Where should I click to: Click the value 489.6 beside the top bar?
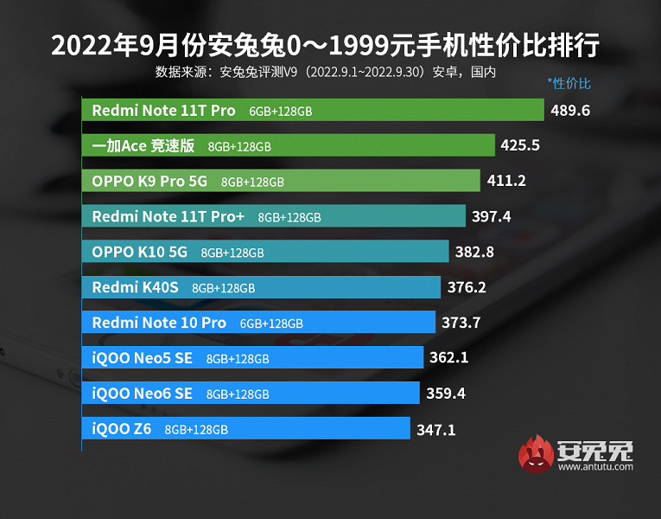[570, 111]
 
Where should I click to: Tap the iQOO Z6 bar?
[246, 428]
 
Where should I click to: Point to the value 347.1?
[435, 428]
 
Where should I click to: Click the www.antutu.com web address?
[595, 467]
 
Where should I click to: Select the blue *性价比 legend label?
[569, 84]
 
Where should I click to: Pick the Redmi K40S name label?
[135, 287]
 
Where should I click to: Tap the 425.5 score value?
[520, 145]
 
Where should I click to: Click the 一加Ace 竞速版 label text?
[143, 146]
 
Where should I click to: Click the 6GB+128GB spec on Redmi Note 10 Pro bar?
[271, 324]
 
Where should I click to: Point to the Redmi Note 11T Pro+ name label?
[168, 216]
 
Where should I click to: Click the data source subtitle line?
[325, 72]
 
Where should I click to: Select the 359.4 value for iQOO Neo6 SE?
[446, 394]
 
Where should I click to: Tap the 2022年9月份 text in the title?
[113, 44]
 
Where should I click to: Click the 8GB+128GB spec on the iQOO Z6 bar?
[196, 429]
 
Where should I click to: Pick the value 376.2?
[467, 287]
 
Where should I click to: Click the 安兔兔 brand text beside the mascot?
[595, 450]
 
